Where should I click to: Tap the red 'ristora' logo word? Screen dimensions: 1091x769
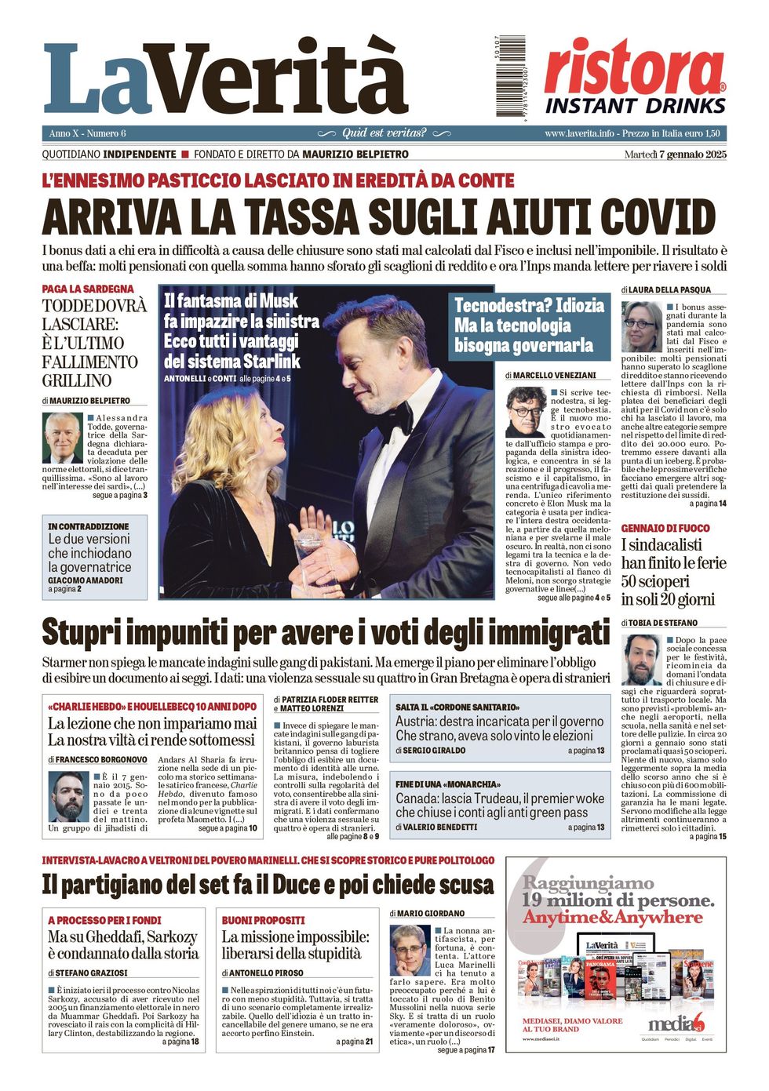pos(634,67)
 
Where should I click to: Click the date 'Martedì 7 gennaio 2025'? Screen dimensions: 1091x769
pos(675,155)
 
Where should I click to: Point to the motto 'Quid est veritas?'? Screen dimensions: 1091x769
pos(384,133)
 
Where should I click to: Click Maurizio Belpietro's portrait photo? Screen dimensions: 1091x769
pos(62,438)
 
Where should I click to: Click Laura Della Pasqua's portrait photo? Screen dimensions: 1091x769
pos(642,327)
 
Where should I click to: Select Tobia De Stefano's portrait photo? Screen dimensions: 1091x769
pos(642,660)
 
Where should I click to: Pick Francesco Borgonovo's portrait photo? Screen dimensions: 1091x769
pos(68,796)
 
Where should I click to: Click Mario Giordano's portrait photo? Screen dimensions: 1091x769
pos(409,951)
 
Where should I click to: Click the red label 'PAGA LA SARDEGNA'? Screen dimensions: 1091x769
pos(88,289)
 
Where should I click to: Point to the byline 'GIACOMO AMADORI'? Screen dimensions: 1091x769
pos(86,580)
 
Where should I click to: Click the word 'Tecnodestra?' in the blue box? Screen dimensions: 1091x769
pos(498,305)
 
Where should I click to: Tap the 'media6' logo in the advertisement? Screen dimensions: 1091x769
pos(676,1023)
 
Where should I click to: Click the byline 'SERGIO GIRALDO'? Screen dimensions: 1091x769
pos(431,751)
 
